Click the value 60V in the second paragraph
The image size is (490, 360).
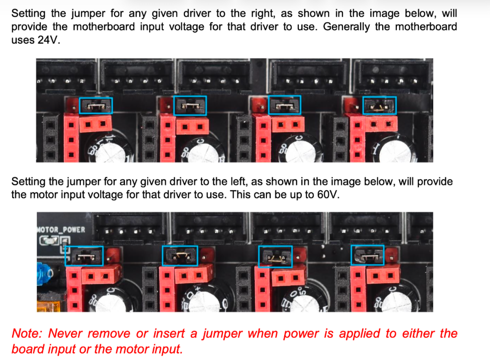point(327,194)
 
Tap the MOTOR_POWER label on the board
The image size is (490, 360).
point(61,230)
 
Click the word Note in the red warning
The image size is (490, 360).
point(26,334)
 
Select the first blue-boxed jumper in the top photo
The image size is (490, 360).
point(96,106)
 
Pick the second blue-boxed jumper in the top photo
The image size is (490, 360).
point(190,106)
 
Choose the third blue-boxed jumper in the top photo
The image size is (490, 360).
point(284,105)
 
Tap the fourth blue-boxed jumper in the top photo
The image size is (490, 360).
point(379,105)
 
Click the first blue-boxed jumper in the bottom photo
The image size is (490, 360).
point(84,256)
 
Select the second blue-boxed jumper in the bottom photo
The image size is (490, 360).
point(180,256)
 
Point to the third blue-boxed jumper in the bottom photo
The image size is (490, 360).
point(275,256)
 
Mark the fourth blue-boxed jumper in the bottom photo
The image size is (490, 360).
point(367,255)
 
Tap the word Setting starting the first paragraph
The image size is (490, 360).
point(28,14)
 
